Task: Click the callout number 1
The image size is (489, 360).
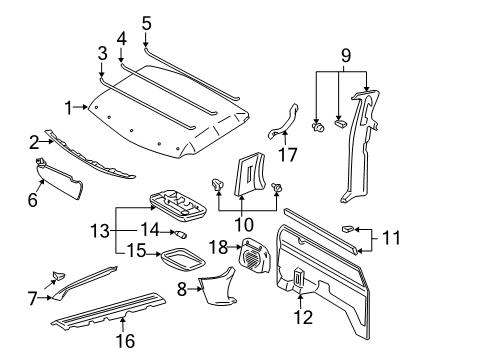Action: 69,107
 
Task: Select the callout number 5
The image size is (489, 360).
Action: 146,22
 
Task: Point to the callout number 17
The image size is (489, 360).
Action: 288,155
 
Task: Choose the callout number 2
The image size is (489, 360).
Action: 33,143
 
